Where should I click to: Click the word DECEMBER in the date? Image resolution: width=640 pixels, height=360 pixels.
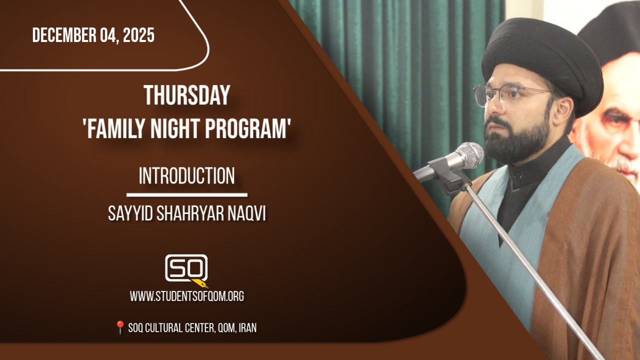(64, 35)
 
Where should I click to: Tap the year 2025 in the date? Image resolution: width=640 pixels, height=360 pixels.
(138, 35)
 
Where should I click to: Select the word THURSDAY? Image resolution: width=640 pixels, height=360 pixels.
(187, 95)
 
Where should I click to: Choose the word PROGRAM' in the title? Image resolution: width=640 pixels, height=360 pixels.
(248, 129)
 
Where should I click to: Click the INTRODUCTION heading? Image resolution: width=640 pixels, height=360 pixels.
(187, 175)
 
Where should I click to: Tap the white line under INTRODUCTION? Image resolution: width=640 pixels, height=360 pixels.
(187, 195)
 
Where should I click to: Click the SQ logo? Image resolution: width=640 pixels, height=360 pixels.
(186, 268)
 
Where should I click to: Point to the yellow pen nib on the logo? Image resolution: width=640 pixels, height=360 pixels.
(200, 283)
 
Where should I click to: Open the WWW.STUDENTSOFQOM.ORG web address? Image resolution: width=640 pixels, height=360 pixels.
(187, 296)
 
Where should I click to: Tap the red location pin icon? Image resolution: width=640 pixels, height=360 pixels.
(120, 327)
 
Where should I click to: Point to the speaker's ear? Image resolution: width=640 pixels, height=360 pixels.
(562, 110)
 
